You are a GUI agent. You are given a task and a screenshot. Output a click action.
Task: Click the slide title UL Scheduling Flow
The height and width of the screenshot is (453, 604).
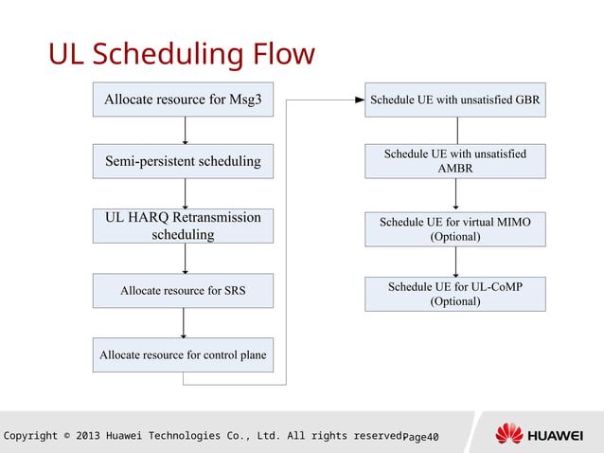point(181,54)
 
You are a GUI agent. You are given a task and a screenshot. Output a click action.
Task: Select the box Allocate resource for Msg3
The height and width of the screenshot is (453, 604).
point(183,100)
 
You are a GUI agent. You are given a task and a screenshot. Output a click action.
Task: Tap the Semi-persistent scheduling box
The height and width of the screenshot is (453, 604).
point(183,161)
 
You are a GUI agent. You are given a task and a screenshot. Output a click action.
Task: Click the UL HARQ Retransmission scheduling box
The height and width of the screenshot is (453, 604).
point(183,226)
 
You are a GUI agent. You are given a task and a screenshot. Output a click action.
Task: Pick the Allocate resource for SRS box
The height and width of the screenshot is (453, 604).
point(183,291)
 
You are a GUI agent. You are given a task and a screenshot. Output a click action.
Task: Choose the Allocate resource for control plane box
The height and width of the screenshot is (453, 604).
point(183,355)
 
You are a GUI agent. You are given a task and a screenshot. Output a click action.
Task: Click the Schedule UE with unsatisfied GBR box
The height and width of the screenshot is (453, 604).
point(455,100)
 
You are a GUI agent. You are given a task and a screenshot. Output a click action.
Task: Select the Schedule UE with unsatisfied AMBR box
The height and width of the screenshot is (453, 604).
point(455,161)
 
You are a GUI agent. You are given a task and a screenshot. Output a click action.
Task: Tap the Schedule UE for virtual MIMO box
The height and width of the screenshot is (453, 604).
point(455,228)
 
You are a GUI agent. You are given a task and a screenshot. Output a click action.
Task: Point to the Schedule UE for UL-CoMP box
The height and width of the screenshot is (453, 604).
point(455,294)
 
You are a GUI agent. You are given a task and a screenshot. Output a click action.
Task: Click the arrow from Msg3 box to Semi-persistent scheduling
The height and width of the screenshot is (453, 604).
point(185,130)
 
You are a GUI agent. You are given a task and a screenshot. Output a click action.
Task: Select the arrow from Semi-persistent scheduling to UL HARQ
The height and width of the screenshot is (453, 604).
point(185,193)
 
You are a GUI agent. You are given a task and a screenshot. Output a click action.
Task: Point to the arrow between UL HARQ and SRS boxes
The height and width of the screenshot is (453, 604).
point(185,258)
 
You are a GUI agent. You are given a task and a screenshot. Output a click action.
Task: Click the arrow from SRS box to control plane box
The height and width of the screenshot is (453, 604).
point(184,322)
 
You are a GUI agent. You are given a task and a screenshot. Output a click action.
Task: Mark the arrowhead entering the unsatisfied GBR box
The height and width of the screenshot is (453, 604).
point(360,99)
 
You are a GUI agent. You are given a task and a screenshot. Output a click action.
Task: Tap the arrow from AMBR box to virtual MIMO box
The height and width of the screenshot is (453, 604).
point(456,194)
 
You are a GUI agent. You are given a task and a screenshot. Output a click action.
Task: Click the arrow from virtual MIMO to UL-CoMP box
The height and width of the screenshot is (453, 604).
point(456,261)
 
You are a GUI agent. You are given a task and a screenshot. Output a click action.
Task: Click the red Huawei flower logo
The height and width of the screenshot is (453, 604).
point(508,434)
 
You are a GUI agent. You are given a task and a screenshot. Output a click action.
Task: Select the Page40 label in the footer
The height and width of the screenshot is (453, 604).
point(420,436)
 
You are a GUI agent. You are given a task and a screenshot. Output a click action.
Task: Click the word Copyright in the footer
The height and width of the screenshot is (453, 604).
point(27,436)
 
